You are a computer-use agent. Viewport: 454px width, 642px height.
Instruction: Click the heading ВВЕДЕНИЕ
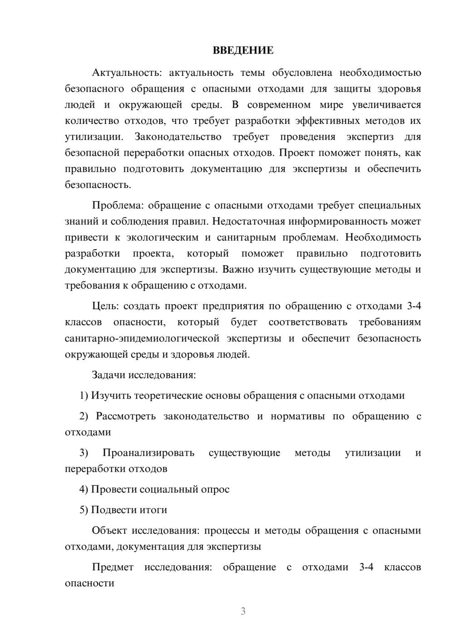[x=243, y=50]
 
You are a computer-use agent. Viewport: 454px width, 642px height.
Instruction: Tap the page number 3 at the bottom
[x=243, y=611]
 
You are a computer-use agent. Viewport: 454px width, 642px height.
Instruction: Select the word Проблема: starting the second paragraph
[x=118, y=205]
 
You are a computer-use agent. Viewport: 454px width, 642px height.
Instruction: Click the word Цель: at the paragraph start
[x=106, y=306]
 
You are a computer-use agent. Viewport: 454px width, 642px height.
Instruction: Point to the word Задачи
[x=109, y=375]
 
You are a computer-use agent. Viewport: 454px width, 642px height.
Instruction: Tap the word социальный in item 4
[x=173, y=489]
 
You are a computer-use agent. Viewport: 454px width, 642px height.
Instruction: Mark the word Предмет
[x=113, y=567]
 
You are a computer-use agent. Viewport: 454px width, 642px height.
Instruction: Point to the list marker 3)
[x=84, y=453]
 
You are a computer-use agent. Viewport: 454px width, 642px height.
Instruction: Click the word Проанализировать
[x=148, y=453]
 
